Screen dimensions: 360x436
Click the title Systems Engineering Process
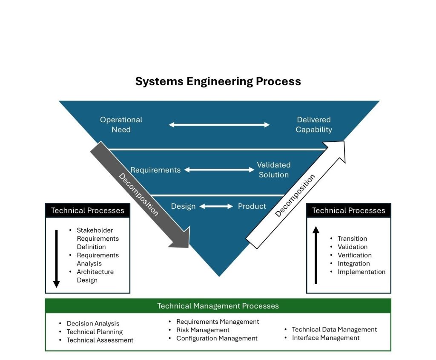pyautogui.click(x=218, y=81)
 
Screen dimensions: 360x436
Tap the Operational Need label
pyautogui.click(x=121, y=124)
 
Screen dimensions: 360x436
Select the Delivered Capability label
pyautogui.click(x=314, y=124)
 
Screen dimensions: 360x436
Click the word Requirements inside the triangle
pyautogui.click(x=155, y=170)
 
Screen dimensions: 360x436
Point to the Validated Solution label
pyautogui.click(x=273, y=170)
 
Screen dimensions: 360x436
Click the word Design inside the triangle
pyautogui.click(x=183, y=206)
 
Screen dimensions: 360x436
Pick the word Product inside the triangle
pyautogui.click(x=252, y=206)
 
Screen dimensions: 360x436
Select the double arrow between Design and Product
pyautogui.click(x=216, y=207)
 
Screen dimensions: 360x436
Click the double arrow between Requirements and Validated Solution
pyautogui.click(x=219, y=170)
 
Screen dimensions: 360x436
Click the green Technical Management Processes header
pyautogui.click(x=218, y=306)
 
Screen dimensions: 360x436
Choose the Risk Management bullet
pyautogui.click(x=203, y=330)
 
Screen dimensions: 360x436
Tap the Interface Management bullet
pyautogui.click(x=325, y=338)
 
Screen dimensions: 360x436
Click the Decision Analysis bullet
pyautogui.click(x=93, y=324)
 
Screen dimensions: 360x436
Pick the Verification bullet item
pyautogui.click(x=354, y=255)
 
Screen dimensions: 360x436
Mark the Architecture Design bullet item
pyautogui.click(x=95, y=276)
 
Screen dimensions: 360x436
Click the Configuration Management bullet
pyautogui.click(x=217, y=338)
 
